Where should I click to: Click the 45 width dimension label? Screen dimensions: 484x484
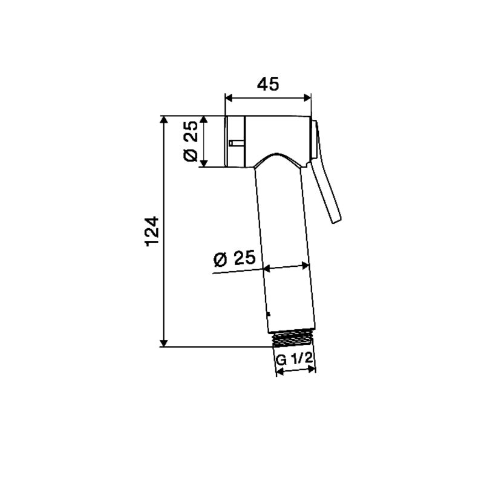pos(268,84)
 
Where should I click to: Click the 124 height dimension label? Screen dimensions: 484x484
pos(152,232)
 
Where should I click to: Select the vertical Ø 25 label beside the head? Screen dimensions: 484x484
pos(191,141)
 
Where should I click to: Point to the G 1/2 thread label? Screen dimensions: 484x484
pos(294,359)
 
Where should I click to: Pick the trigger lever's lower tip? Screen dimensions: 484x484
pos(336,220)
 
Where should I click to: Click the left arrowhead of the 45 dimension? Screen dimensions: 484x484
pos(229,98)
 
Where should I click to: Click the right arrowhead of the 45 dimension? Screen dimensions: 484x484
pos(307,98)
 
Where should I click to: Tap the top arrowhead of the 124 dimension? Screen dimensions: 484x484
pos(164,120)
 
